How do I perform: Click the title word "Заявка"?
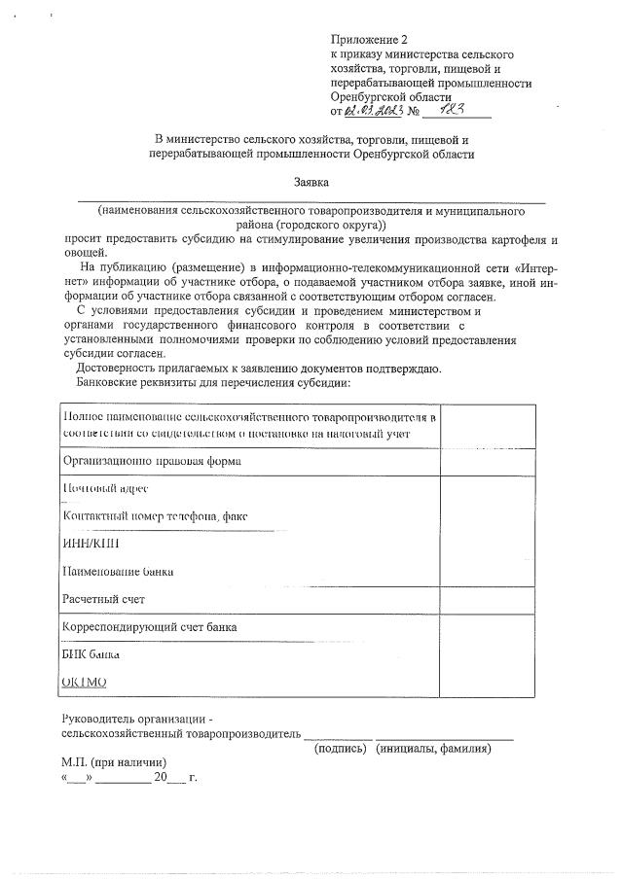(311, 182)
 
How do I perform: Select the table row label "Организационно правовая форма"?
(151, 460)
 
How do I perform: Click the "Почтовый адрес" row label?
(105, 488)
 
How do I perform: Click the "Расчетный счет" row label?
(103, 599)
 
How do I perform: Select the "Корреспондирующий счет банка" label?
(149, 627)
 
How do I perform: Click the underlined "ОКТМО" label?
(84, 683)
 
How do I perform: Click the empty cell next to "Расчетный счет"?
(489, 599)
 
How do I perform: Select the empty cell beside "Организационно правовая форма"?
(489, 460)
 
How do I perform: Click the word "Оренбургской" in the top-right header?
(371, 97)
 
